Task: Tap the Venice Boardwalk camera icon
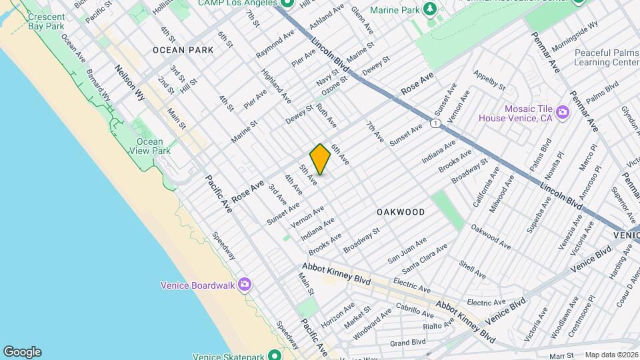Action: click(245, 285)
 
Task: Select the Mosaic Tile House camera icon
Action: click(562, 111)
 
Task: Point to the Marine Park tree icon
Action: click(431, 8)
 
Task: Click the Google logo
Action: click(22, 351)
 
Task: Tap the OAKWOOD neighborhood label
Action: click(400, 212)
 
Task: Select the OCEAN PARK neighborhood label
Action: click(183, 50)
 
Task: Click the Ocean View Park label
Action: click(149, 146)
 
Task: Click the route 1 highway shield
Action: click(435, 123)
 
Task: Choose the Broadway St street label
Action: click(361, 240)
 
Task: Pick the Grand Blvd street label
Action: click(408, 343)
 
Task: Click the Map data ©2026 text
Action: click(609, 355)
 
